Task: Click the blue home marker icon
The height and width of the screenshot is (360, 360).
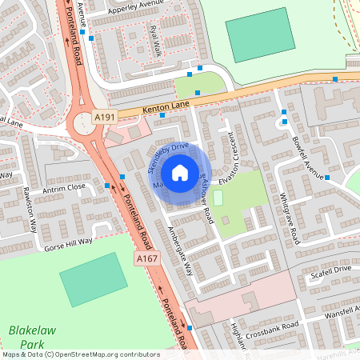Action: [x=180, y=172]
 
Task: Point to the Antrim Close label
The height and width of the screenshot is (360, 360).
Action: [x=65, y=187]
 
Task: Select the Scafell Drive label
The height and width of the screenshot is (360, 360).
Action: [x=331, y=270]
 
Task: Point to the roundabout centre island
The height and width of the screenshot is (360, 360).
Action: [x=82, y=123]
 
